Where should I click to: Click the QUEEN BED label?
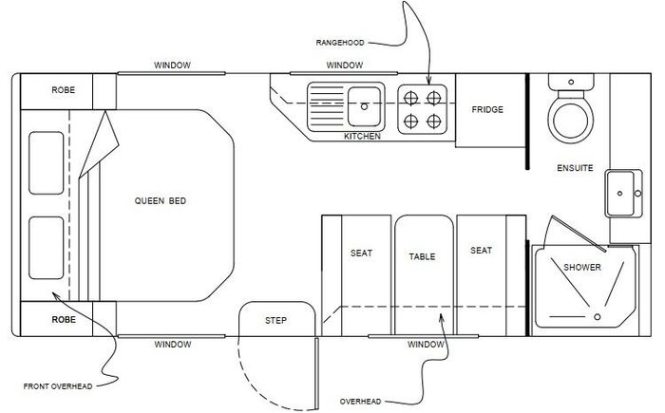(161, 200)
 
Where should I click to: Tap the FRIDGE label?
(487, 109)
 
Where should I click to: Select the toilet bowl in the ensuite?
(570, 119)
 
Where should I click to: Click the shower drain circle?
(598, 317)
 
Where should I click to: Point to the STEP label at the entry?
(275, 320)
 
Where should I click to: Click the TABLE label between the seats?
(422, 256)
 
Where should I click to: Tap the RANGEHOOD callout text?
(340, 43)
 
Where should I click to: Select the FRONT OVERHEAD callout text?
(58, 386)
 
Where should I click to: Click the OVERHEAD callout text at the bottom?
(360, 401)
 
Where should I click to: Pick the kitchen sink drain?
(364, 106)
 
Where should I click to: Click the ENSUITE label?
(575, 168)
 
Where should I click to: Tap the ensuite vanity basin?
(623, 194)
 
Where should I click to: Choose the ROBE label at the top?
(64, 90)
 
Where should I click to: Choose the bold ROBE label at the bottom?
(64, 319)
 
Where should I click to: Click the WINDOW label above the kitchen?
(344, 65)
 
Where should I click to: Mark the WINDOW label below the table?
(426, 344)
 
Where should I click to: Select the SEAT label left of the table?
(361, 253)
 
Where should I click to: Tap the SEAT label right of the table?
(481, 251)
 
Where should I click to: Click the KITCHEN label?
(362, 136)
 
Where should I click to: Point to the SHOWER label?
(582, 267)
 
